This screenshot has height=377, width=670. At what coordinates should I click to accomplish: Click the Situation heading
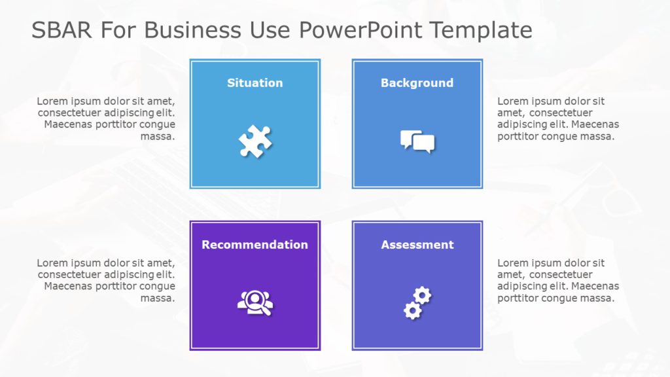click(x=255, y=83)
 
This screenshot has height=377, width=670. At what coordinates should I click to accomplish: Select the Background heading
click(x=417, y=83)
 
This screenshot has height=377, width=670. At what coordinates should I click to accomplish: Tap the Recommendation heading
click(x=255, y=245)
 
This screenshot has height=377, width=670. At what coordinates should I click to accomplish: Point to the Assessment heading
click(x=417, y=245)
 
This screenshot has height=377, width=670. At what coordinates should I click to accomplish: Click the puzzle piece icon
click(x=255, y=141)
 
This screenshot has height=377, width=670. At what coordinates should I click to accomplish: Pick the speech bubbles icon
click(x=417, y=141)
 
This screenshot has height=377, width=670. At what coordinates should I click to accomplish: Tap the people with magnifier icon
click(x=255, y=303)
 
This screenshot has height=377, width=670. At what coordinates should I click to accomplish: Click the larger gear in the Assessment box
click(x=412, y=310)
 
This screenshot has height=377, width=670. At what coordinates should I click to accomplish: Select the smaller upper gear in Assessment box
click(x=423, y=295)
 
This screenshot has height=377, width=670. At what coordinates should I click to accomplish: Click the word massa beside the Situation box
click(x=158, y=137)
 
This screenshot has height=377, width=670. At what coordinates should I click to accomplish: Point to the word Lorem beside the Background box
click(x=512, y=101)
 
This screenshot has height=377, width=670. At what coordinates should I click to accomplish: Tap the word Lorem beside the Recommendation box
click(x=52, y=263)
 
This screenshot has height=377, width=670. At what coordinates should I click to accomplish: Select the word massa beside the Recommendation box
click(x=158, y=298)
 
